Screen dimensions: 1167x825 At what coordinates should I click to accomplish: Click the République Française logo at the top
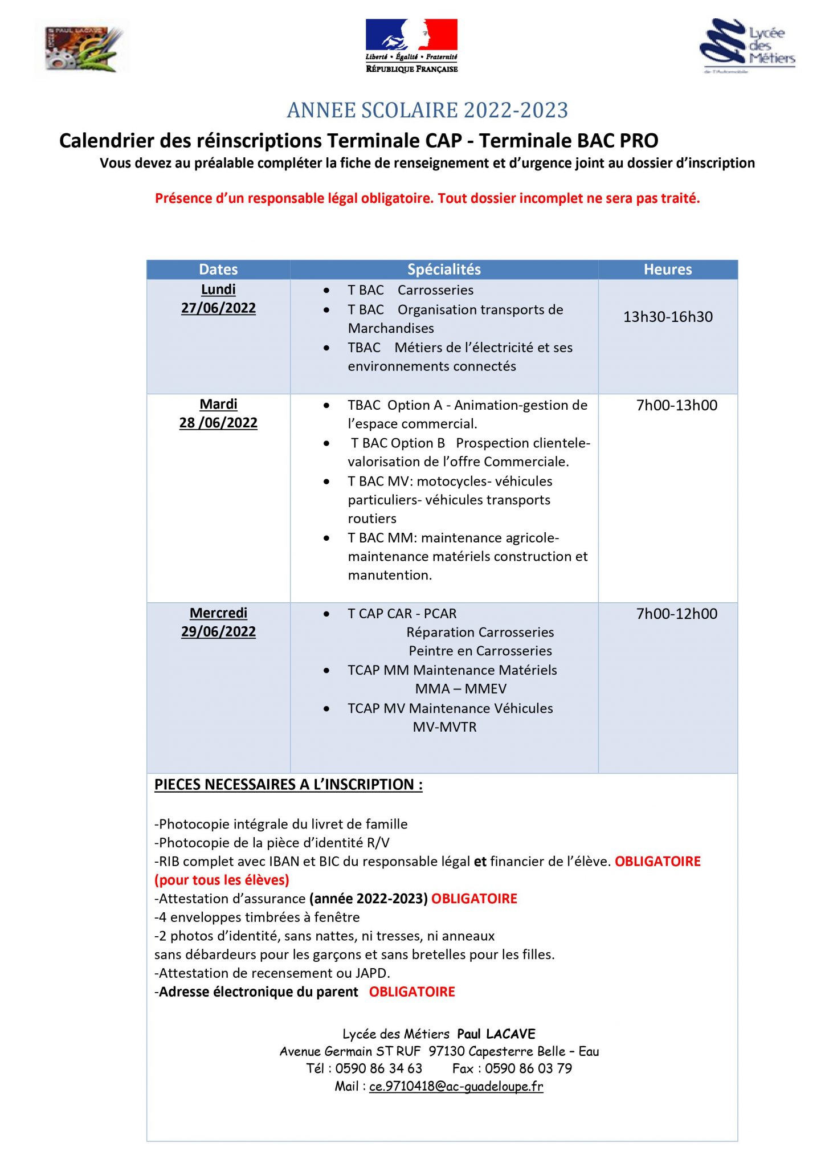click(x=411, y=46)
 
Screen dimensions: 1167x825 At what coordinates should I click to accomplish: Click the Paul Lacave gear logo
click(x=83, y=48)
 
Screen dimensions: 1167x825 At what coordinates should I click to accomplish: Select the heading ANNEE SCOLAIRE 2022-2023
click(x=427, y=110)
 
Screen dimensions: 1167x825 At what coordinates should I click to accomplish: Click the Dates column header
click(x=218, y=270)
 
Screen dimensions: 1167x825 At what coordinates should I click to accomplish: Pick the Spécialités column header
click(x=444, y=270)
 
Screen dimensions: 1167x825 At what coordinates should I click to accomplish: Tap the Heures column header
click(x=668, y=270)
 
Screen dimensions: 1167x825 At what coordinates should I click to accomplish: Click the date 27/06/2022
click(x=218, y=308)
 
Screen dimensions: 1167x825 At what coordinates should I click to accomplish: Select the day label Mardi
click(x=218, y=405)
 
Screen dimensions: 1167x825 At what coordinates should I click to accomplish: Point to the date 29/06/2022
click(x=218, y=632)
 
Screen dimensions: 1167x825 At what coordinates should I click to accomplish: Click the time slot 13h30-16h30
click(x=668, y=317)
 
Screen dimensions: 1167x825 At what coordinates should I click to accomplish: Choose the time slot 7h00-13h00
click(x=677, y=405)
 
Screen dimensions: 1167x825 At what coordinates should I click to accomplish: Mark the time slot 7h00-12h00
click(x=677, y=614)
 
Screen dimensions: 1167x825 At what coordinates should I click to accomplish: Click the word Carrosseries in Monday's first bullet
click(x=435, y=290)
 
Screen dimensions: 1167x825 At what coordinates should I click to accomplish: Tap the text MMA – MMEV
click(x=460, y=689)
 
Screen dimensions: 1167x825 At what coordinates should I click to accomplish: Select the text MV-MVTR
click(x=444, y=727)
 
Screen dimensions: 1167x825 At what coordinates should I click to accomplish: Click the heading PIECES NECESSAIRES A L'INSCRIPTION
click(x=288, y=785)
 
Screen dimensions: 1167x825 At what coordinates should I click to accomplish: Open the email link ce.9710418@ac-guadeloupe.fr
click(x=456, y=1086)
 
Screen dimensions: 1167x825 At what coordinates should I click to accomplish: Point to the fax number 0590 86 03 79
click(x=528, y=1068)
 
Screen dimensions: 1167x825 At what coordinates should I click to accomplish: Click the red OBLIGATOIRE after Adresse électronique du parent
click(x=412, y=991)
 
